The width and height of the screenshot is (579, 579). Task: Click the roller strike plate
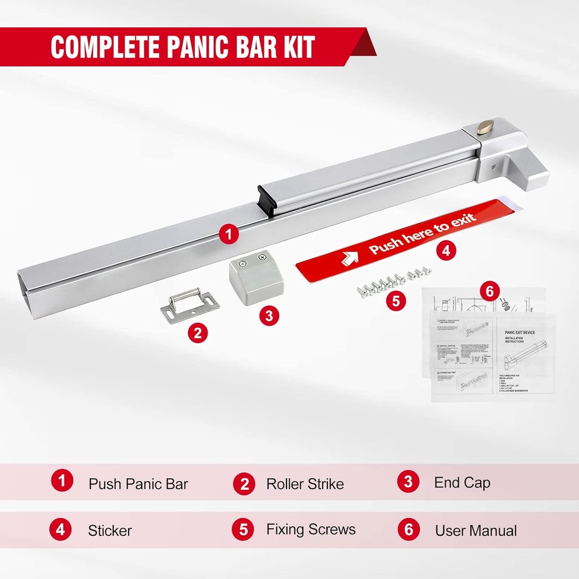190,305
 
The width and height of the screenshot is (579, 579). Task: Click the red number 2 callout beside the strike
198,333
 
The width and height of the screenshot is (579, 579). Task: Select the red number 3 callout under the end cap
269,316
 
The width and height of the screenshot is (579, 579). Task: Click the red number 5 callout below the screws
396,301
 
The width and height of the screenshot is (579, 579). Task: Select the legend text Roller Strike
305,484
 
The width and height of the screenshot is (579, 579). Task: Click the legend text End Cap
462,483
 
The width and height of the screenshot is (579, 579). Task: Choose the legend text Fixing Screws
311,530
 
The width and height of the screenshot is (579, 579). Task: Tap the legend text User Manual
476,531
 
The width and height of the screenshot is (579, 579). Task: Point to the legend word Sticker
110,531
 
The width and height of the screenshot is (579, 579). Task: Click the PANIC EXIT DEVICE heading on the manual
520,333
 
